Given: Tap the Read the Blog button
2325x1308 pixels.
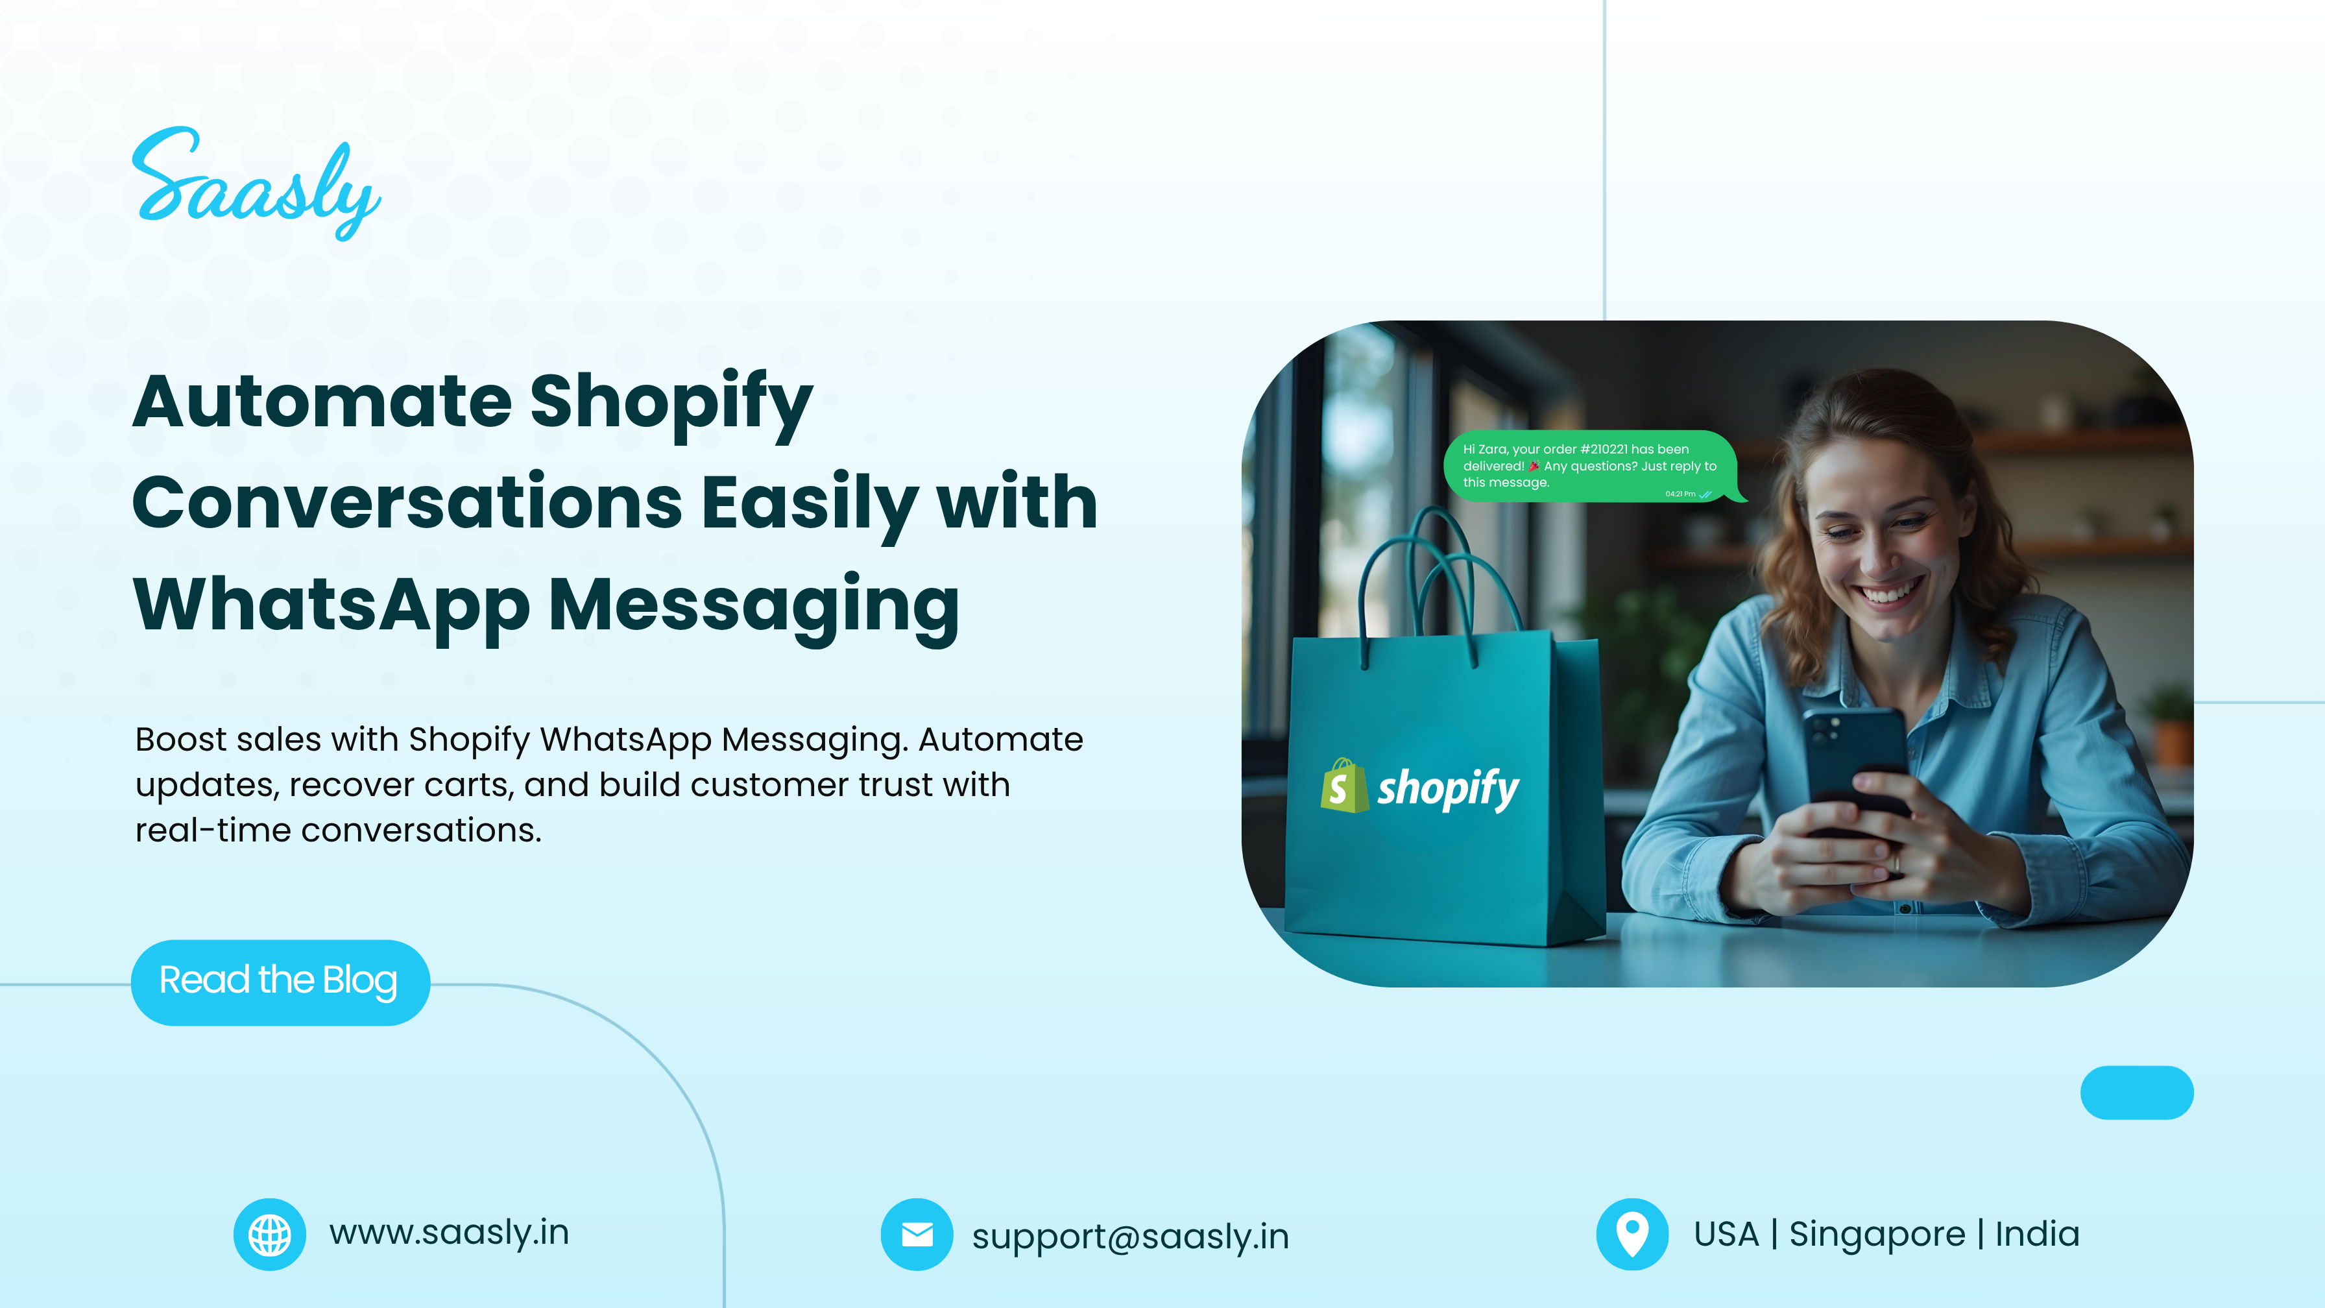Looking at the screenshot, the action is click(x=280, y=982).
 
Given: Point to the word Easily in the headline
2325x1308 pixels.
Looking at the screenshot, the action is click(x=810, y=503).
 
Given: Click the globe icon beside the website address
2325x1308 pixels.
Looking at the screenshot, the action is click(x=270, y=1234).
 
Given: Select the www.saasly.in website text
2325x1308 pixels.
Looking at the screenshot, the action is click(x=448, y=1233).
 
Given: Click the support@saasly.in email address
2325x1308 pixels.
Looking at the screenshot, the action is click(x=1130, y=1237).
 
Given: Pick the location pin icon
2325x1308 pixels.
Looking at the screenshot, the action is click(x=1632, y=1234).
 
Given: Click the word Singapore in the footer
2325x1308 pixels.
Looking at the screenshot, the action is click(x=1877, y=1235).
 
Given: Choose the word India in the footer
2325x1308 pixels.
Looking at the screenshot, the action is click(x=2037, y=1233).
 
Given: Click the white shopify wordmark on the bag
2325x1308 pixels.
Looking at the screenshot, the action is click(x=1448, y=789).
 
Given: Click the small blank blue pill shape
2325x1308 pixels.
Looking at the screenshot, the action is click(x=2136, y=1092).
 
